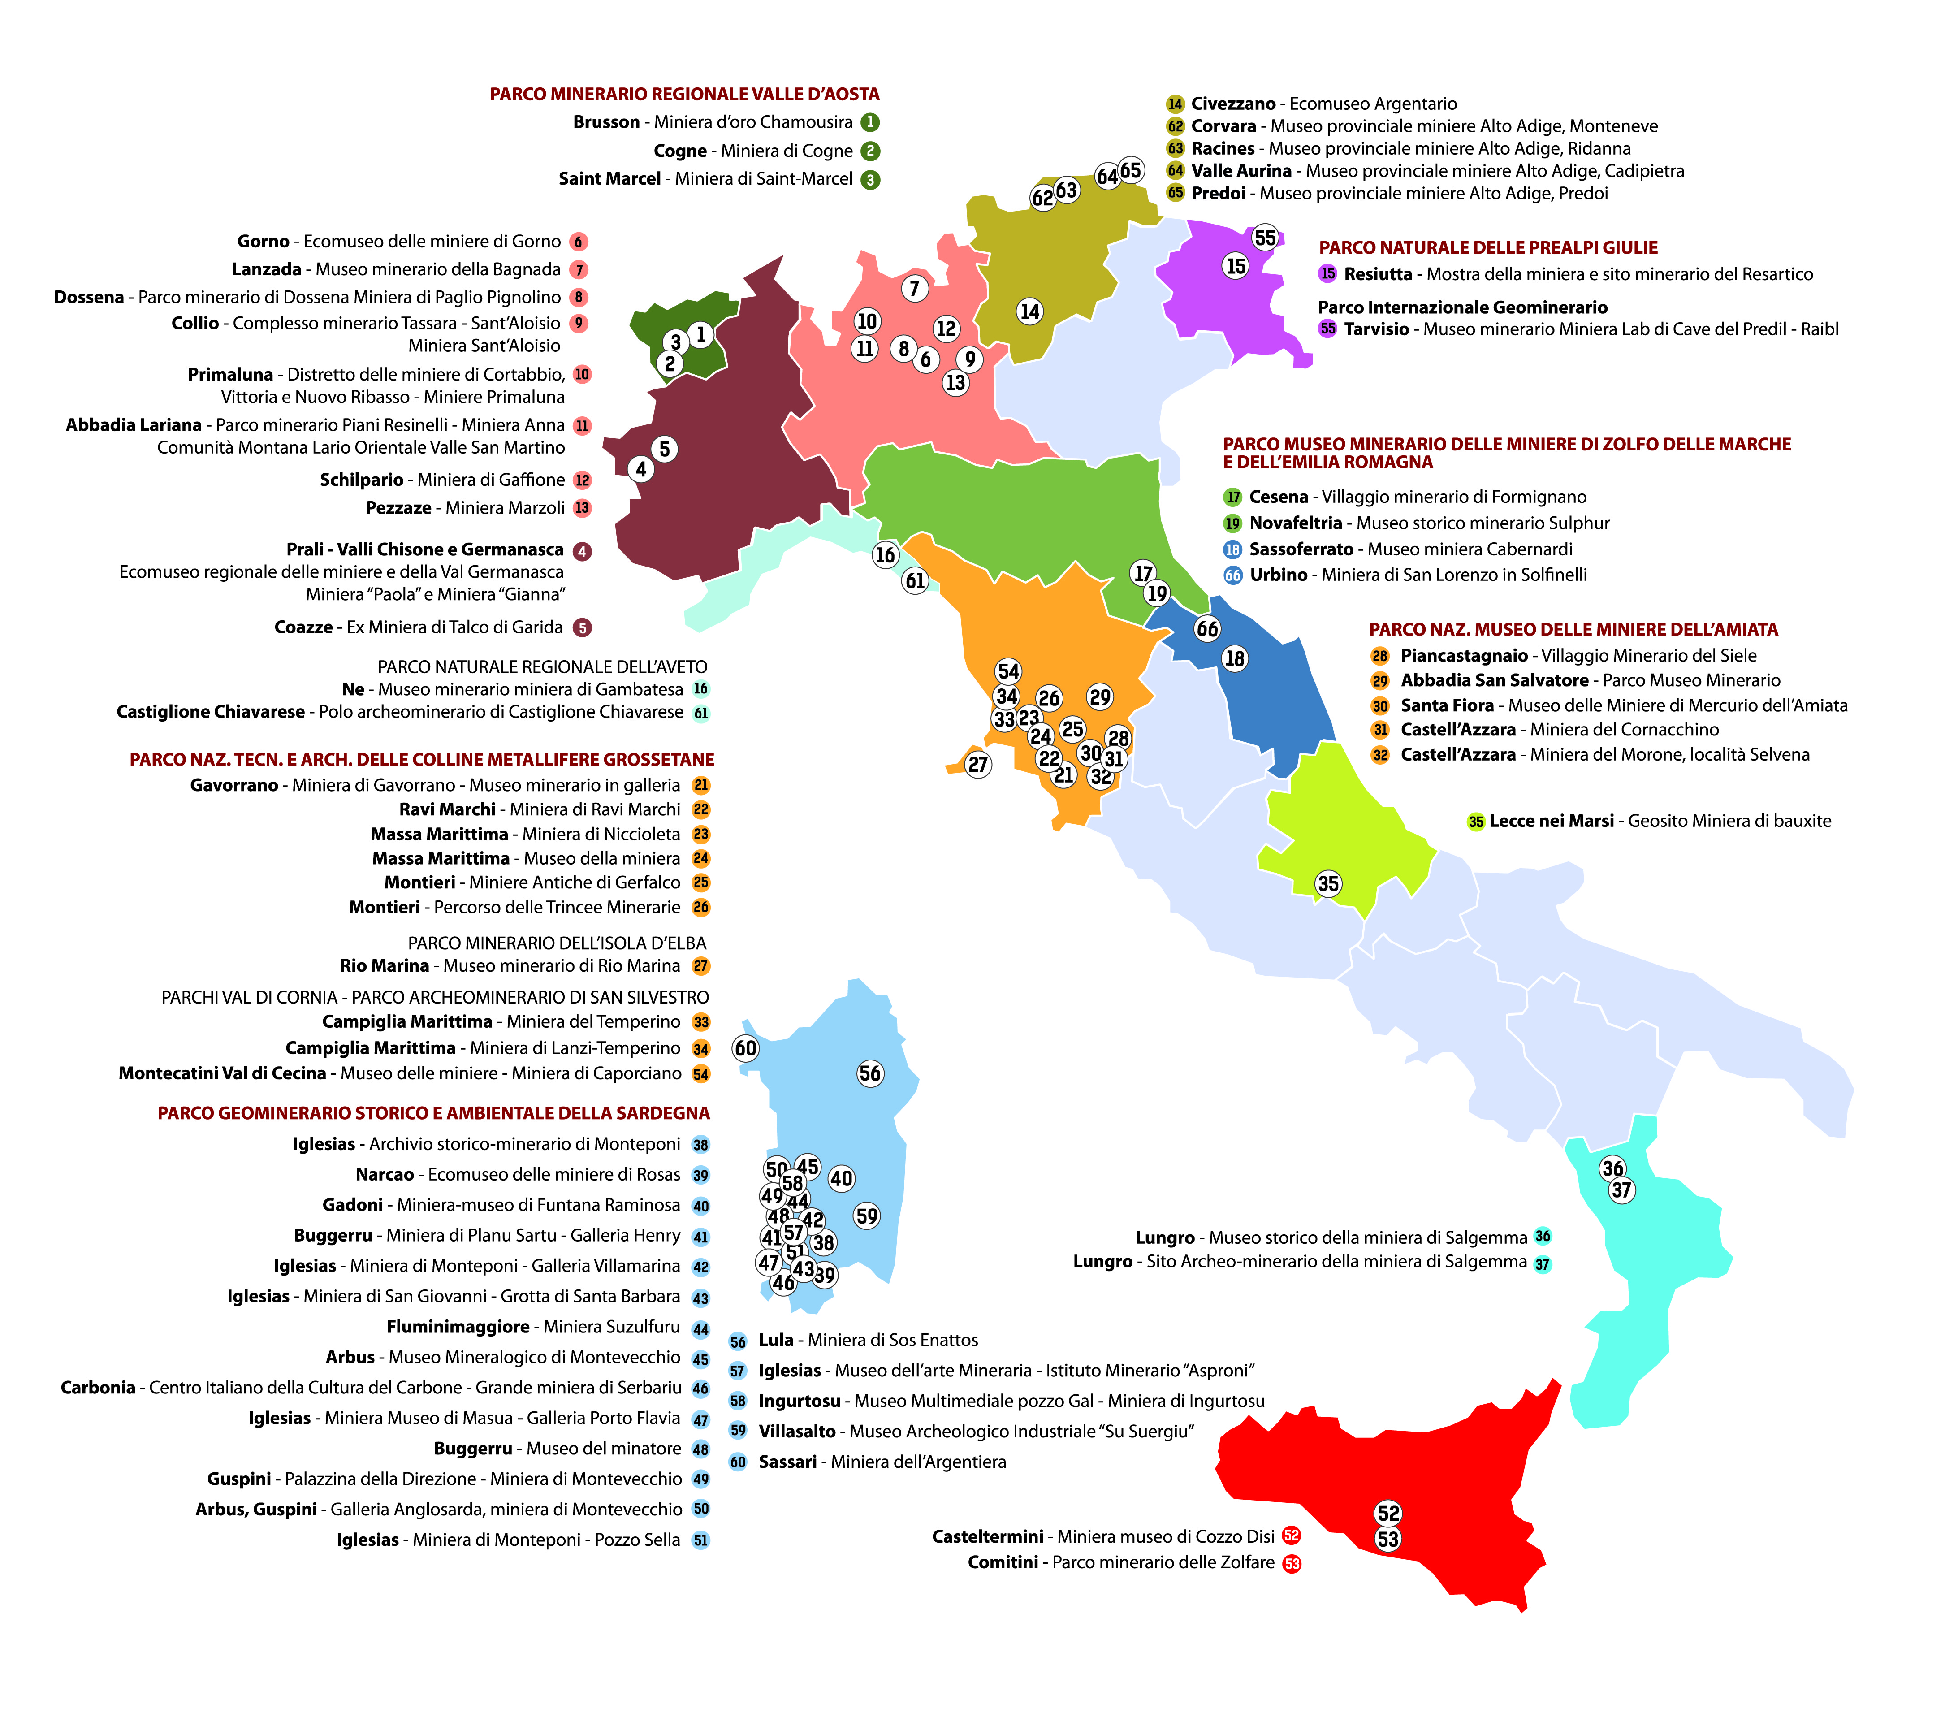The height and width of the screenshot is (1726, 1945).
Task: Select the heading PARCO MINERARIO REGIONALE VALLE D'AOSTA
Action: coord(684,94)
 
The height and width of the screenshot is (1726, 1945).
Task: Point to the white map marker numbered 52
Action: coord(1388,1513)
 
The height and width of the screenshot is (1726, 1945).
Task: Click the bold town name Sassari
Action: coord(787,1462)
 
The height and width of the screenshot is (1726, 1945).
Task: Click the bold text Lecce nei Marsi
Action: coord(1551,821)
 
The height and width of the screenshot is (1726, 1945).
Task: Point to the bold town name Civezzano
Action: coord(1233,104)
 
